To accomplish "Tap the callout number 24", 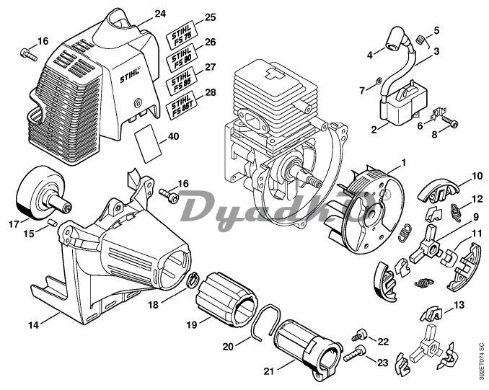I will [x=160, y=13].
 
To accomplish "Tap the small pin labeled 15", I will [x=52, y=223].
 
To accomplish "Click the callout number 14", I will [x=33, y=325].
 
